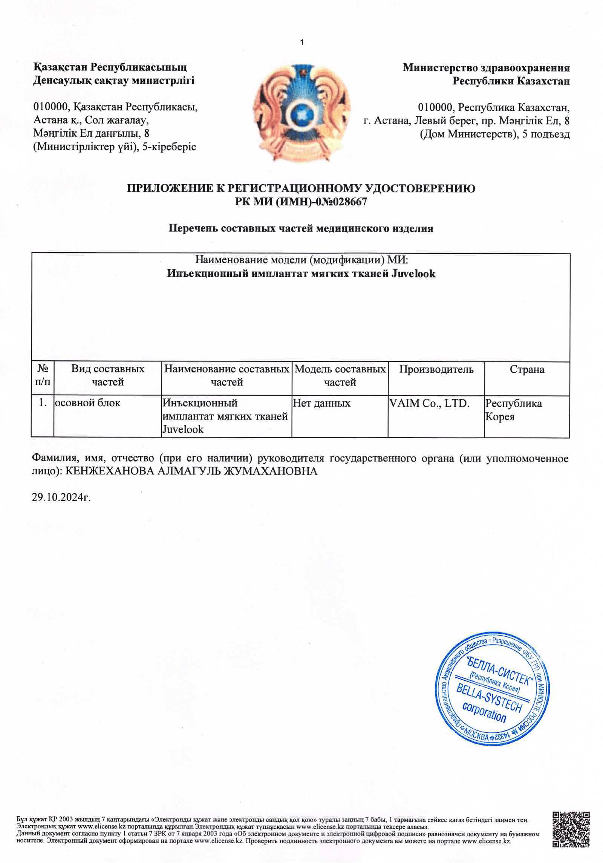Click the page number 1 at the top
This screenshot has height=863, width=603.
pyautogui.click(x=301, y=43)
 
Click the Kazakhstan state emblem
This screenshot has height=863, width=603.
pyautogui.click(x=301, y=113)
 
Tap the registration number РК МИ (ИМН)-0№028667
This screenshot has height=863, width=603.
pyautogui.click(x=301, y=202)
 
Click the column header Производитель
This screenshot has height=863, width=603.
pyautogui.click(x=436, y=369)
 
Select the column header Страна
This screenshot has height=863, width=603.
pyautogui.click(x=527, y=369)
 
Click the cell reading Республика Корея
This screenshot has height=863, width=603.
pyautogui.click(x=513, y=410)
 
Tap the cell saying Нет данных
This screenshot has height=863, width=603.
pyautogui.click(x=321, y=403)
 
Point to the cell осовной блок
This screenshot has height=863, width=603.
pyautogui.click(x=88, y=403)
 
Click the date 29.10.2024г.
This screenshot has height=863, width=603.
pyautogui.click(x=61, y=497)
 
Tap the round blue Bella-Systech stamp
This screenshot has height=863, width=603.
pyautogui.click(x=492, y=689)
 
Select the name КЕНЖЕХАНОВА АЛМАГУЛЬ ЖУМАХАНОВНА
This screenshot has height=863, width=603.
pyautogui.click(x=191, y=471)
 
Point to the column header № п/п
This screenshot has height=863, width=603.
pyautogui.click(x=43, y=375)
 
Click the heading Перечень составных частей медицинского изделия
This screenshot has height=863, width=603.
pyautogui.click(x=301, y=228)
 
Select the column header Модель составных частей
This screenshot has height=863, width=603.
pyautogui.click(x=340, y=375)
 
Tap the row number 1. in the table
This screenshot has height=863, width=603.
pyautogui.click(x=43, y=403)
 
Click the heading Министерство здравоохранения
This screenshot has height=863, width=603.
pyautogui.click(x=486, y=68)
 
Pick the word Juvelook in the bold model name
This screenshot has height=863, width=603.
pyautogui.click(x=413, y=273)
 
